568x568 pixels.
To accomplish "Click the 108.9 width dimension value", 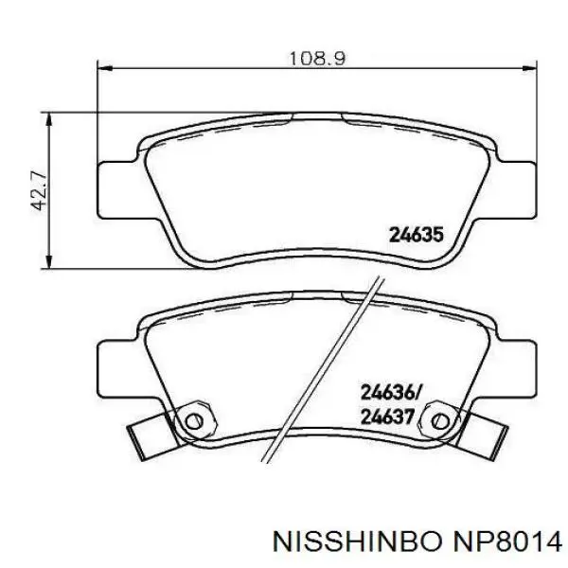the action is click(x=317, y=58).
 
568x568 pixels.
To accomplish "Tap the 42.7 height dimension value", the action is click(x=39, y=191).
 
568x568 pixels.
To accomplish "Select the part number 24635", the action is click(x=416, y=235).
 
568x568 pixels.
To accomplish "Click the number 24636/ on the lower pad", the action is click(x=390, y=393).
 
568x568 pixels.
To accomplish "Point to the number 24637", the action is click(x=387, y=417).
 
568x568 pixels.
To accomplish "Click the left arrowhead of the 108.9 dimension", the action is click(x=105, y=68).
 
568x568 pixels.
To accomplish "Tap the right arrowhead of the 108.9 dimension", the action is click(x=529, y=68).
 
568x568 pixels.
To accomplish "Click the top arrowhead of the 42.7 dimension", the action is click(x=49, y=119).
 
